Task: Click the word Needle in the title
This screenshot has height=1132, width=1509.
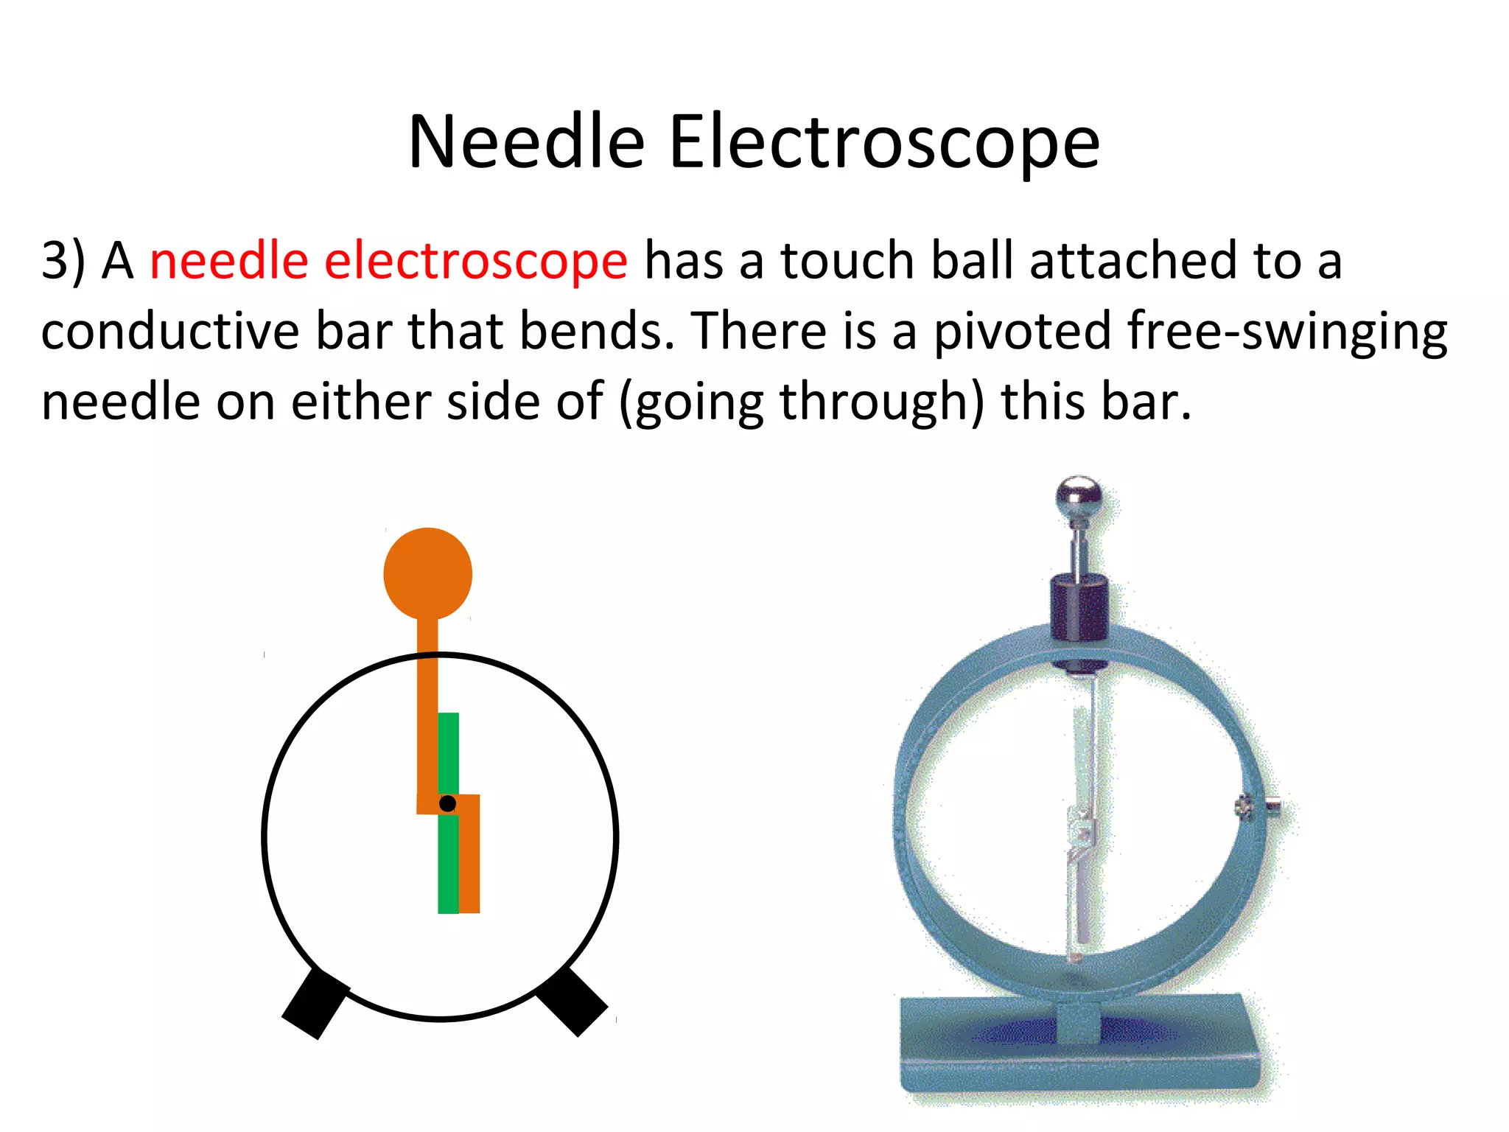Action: (x=527, y=141)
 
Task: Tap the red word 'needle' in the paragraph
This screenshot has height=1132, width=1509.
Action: (x=228, y=261)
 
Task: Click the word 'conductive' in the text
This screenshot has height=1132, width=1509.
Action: (x=170, y=331)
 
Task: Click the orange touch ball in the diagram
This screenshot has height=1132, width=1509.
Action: (x=428, y=573)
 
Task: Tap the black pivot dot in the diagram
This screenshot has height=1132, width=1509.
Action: (x=447, y=803)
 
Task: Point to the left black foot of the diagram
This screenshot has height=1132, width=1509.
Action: (x=315, y=1003)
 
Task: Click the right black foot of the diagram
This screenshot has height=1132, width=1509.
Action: (x=572, y=1001)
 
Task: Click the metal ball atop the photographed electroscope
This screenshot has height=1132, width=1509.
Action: (x=1079, y=497)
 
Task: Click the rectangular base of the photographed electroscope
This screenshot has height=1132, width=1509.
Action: (x=1079, y=1047)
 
